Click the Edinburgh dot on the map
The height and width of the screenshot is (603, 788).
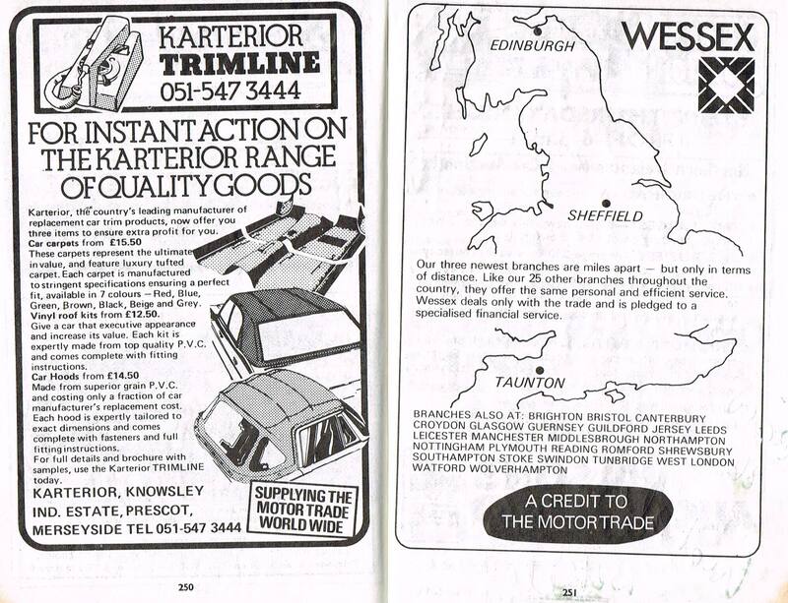[x=538, y=31]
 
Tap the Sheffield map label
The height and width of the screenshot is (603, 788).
[x=605, y=215]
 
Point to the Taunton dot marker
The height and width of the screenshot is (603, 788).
[x=540, y=371]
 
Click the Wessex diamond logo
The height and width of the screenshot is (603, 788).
[x=726, y=85]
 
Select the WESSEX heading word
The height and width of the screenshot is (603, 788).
[x=688, y=36]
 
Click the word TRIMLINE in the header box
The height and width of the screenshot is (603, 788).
[x=239, y=64]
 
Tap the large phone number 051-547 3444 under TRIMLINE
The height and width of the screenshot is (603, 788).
[x=230, y=90]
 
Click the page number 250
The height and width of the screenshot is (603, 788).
[x=185, y=587]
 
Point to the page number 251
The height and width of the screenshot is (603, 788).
[x=569, y=592]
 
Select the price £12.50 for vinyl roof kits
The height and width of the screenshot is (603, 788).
[x=143, y=315]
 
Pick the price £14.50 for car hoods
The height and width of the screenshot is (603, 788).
[x=123, y=376]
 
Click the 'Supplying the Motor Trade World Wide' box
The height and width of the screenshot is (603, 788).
[x=304, y=510]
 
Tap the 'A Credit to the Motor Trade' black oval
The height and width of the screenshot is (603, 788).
[x=578, y=513]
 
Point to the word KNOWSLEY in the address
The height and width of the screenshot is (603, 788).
[x=164, y=492]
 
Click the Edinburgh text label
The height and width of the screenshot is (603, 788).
[x=532, y=45]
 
